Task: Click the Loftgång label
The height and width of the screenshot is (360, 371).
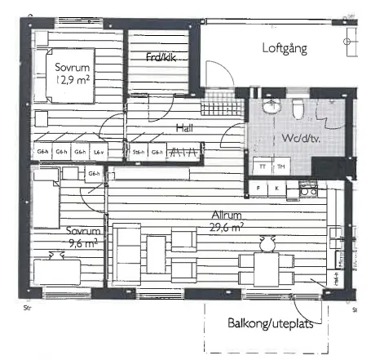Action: (285, 49)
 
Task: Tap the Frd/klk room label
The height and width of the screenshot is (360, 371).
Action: (161, 57)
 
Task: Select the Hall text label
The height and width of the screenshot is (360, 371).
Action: (189, 128)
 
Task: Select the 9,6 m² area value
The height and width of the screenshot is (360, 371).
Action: (83, 242)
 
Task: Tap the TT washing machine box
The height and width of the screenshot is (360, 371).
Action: (263, 167)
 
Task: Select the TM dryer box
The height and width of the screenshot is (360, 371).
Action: (281, 167)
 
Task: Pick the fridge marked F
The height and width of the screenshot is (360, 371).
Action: (258, 189)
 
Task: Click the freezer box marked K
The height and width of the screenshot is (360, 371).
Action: (276, 189)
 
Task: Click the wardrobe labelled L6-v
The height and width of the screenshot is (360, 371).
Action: (98, 153)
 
